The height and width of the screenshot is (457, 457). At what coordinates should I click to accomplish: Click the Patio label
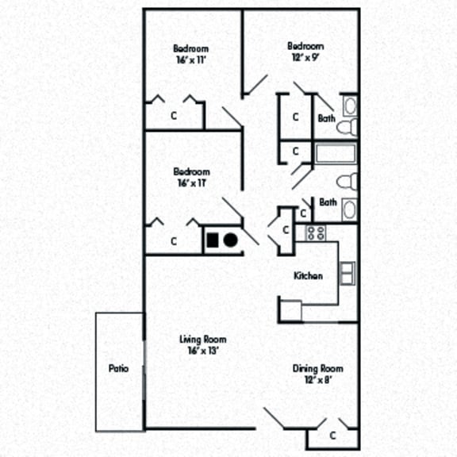(x=118, y=369)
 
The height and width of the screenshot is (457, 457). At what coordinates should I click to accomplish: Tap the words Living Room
(x=202, y=340)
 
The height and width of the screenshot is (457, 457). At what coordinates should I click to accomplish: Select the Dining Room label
(x=317, y=369)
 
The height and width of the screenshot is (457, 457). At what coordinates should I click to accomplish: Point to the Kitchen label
(x=308, y=276)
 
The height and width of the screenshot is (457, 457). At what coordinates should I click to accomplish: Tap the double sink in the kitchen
(x=348, y=273)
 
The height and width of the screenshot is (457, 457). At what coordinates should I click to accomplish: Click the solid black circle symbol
(x=230, y=239)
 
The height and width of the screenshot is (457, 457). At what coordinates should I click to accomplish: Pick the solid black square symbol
(x=213, y=239)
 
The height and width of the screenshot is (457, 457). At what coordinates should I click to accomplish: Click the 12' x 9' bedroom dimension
(x=305, y=57)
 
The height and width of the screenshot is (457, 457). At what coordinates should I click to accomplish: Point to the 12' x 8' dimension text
(x=317, y=380)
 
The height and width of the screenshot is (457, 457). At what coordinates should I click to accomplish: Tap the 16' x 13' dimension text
(x=202, y=351)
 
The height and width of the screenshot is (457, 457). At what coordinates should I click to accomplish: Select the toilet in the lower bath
(x=348, y=181)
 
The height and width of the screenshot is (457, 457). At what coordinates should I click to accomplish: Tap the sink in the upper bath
(x=349, y=106)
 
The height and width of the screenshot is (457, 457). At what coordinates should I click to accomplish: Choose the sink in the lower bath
(x=349, y=209)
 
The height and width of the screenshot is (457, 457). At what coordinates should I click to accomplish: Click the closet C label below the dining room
(x=332, y=435)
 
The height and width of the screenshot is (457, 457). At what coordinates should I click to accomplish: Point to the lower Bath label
(x=328, y=202)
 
